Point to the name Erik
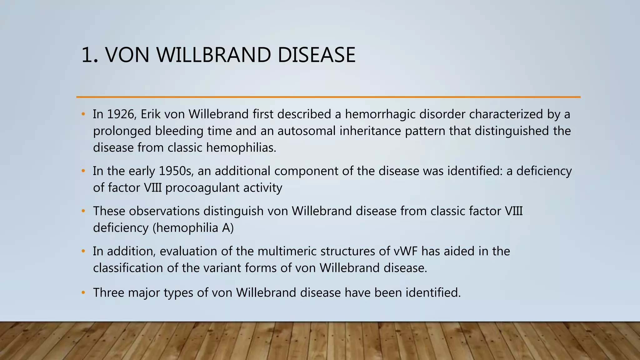click(150, 114)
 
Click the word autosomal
click(306, 131)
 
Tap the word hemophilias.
click(241, 147)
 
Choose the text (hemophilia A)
click(193, 228)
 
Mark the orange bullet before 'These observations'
click(83, 211)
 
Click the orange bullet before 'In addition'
click(83, 251)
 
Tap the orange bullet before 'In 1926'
click(83, 114)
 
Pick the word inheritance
click(370, 131)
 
